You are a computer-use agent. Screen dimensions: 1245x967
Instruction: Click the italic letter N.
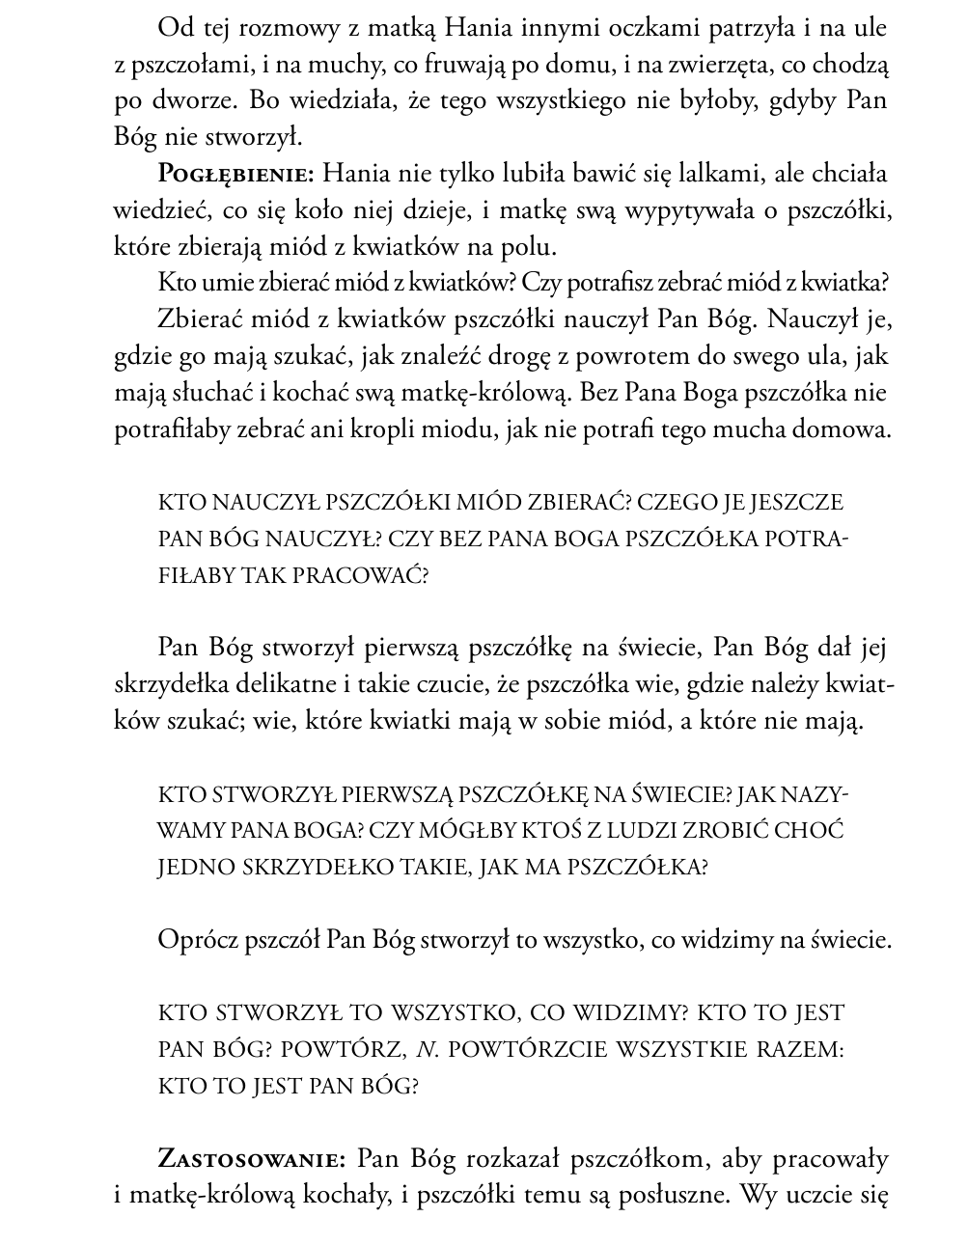coord(422,1050)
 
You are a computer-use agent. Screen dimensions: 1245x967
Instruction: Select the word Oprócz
coord(196,940)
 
